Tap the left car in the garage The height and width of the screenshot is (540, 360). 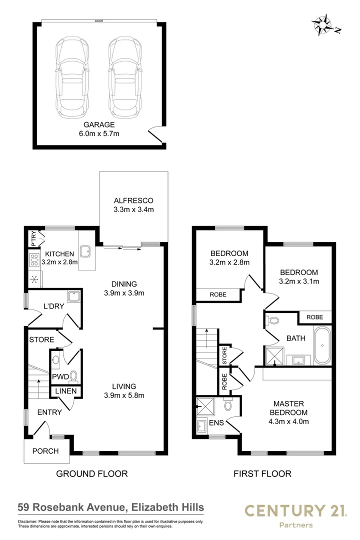click(71, 77)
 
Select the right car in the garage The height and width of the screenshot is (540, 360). click(124, 77)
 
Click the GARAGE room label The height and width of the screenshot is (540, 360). click(99, 124)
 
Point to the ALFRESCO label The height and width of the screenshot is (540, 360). click(133, 200)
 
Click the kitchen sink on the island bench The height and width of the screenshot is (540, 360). click(85, 251)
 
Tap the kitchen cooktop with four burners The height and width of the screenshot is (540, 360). click(34, 259)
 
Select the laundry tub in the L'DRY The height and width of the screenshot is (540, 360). click(73, 296)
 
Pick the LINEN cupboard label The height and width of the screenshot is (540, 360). click(66, 391)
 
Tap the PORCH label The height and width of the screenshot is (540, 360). click(45, 451)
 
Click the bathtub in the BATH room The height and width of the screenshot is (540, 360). click(322, 345)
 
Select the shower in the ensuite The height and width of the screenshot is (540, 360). click(205, 406)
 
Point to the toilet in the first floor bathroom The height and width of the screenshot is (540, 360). click(272, 320)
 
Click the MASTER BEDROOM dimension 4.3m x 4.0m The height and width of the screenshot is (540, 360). click(288, 421)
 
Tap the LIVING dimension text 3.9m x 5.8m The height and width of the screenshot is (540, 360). click(124, 395)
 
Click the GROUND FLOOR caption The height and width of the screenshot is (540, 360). click(92, 474)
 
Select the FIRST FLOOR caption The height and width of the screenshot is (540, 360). click(262, 474)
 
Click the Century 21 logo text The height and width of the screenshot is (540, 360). click(295, 510)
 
